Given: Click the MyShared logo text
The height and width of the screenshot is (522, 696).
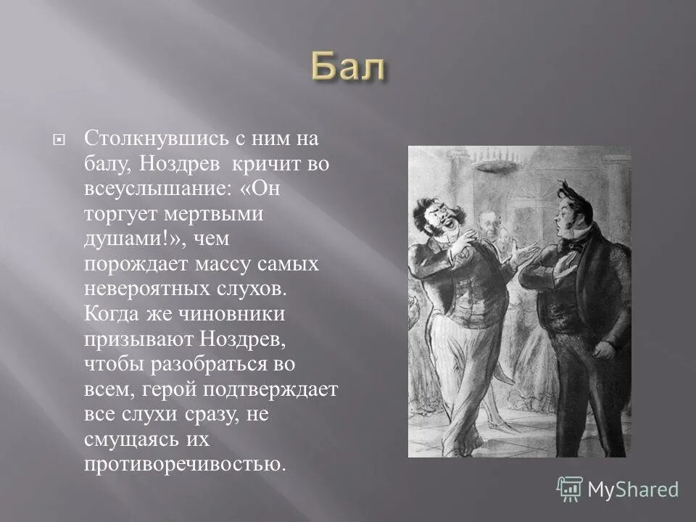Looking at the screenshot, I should pos(633,489).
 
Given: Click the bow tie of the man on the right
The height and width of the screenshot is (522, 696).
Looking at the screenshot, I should pos(573,244).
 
